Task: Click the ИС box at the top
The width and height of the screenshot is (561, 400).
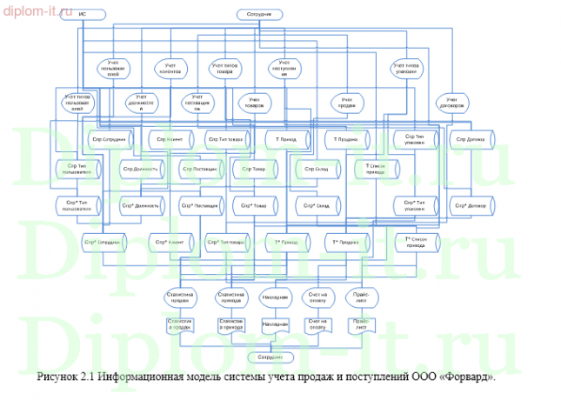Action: tap(82, 15)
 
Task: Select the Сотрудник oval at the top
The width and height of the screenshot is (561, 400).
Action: tap(261, 15)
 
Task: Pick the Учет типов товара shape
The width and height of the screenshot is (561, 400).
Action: tap(225, 68)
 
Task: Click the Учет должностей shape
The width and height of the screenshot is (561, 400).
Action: tap(140, 103)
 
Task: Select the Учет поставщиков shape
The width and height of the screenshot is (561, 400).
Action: tap(197, 103)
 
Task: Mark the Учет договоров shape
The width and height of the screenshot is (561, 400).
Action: tap(451, 103)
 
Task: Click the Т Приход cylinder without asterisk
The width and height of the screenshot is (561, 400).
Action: tap(286, 138)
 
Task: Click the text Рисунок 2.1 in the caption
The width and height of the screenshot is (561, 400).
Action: tap(65, 378)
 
